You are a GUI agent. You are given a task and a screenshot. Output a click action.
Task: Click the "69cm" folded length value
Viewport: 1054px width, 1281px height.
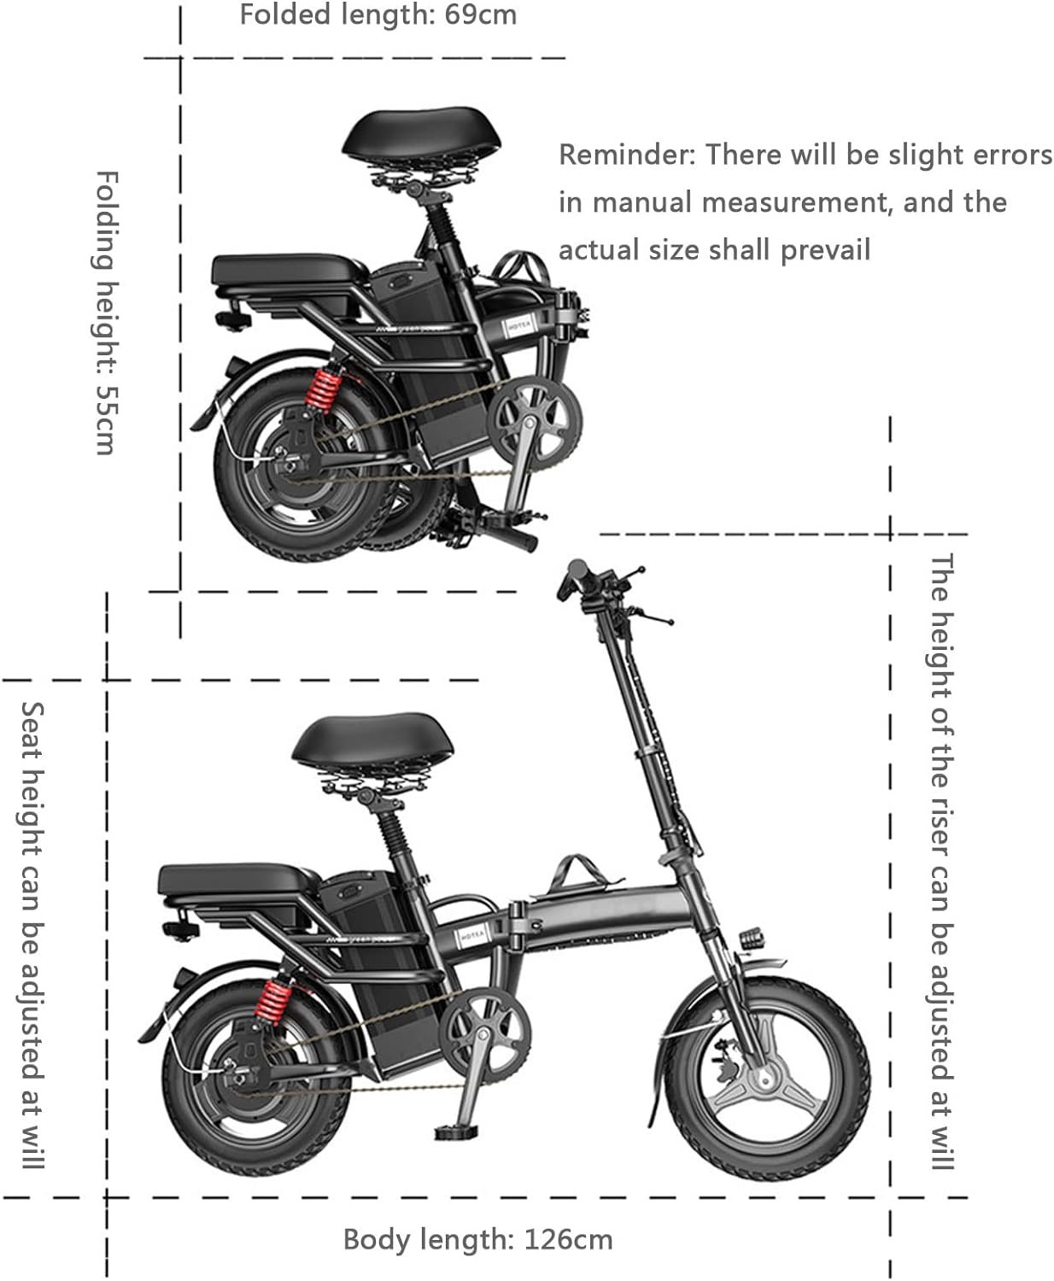[481, 15]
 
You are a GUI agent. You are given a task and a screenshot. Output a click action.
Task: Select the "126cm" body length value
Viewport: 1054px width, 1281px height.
[569, 1240]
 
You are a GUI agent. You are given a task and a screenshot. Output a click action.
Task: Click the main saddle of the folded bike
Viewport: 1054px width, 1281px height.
[422, 137]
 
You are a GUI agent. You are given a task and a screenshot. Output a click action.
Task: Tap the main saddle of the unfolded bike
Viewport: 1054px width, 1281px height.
[372, 743]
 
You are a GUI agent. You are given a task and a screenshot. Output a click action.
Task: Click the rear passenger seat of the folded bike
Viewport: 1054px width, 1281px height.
[289, 271]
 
